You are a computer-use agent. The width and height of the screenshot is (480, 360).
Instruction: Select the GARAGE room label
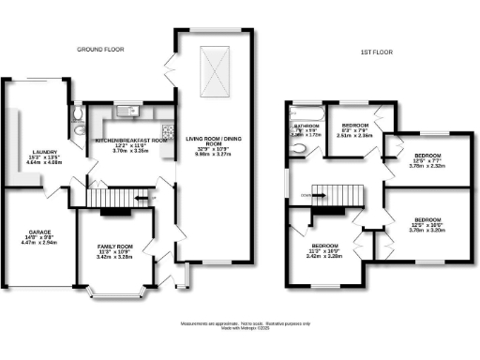click(x=38, y=231)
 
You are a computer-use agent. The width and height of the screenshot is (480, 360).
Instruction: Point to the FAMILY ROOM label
click(x=116, y=247)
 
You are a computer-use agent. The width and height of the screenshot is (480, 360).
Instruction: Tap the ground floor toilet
click(x=80, y=115)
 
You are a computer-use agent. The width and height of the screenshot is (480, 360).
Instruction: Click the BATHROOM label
click(x=306, y=125)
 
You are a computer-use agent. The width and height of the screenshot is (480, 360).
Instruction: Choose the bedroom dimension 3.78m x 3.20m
click(x=427, y=226)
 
